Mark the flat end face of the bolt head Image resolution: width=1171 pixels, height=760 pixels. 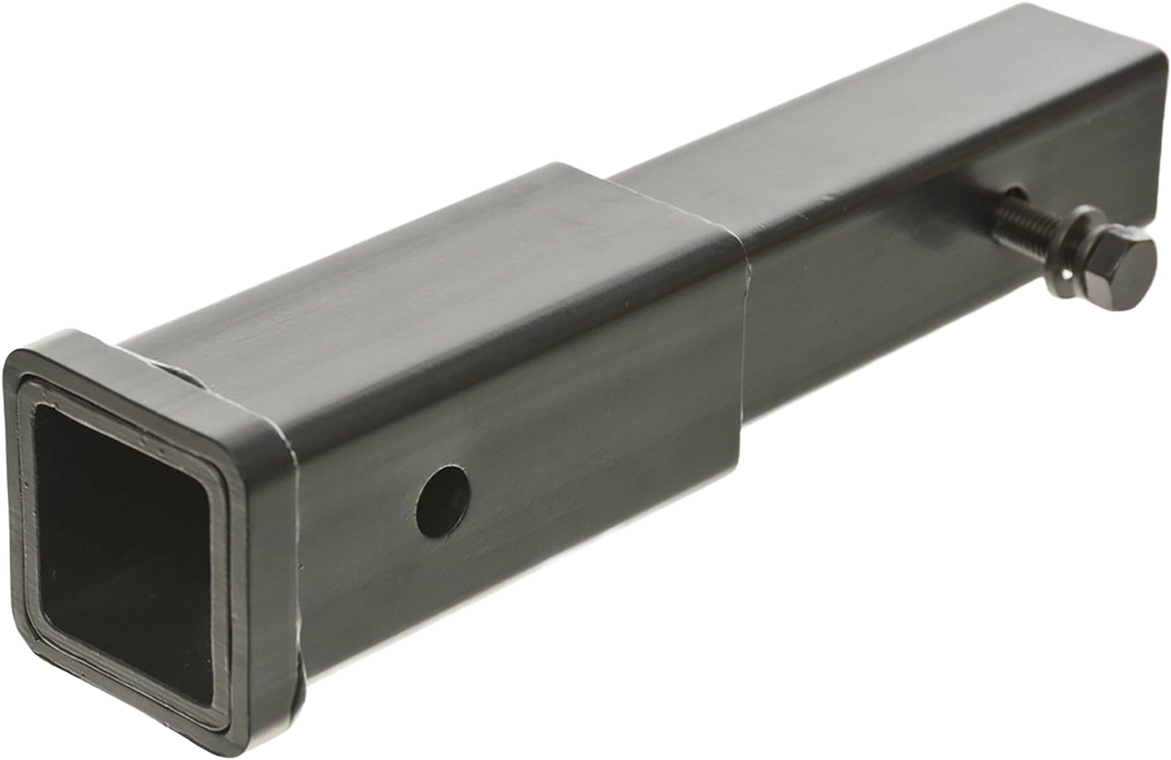1131,275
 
